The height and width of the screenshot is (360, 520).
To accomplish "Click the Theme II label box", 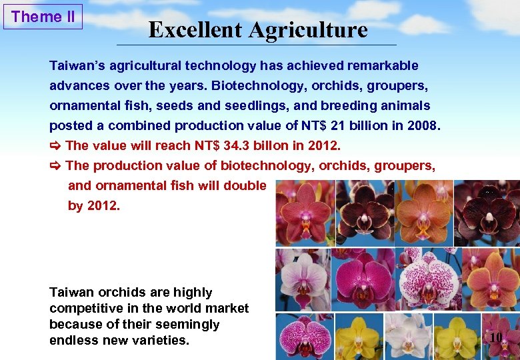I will (43, 17).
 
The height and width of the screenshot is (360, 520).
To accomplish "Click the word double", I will (245, 185).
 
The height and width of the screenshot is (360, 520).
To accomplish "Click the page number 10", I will (495, 338).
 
